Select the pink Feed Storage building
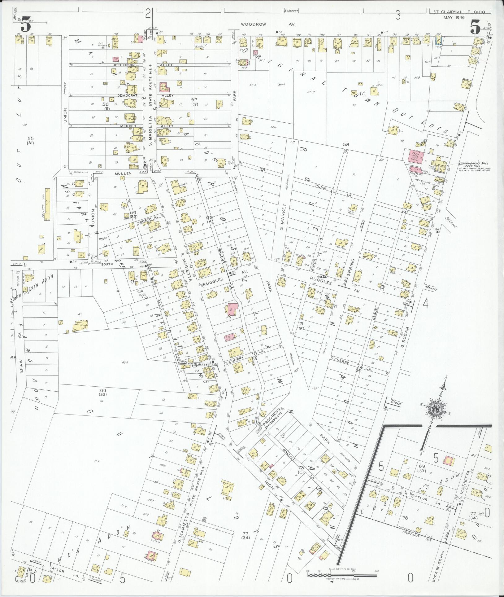pyautogui.click(x=415, y=155)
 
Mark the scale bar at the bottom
pyautogui.click(x=342, y=574)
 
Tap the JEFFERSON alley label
pyautogui.click(x=124, y=65)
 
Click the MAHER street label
pyautogui.click(x=431, y=288)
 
